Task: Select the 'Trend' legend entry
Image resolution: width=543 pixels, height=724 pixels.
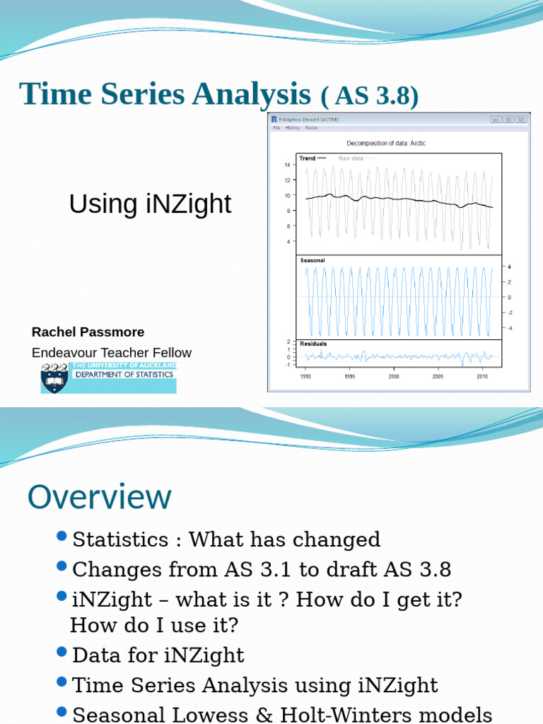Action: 308,158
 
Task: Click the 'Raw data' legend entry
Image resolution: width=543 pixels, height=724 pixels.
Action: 351,158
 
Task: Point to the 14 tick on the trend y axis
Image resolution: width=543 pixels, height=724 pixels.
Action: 288,165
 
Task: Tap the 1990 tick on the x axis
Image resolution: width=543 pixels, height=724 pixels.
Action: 305,377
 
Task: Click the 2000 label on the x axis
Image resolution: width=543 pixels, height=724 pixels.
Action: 394,377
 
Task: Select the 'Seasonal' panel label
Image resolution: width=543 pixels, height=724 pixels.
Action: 313,261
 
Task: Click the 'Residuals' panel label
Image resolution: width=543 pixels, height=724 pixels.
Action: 314,344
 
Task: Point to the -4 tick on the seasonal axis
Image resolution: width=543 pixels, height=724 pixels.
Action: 510,327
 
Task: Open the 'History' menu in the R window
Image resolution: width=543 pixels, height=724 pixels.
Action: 293,128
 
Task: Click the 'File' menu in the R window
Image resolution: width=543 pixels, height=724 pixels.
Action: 277,128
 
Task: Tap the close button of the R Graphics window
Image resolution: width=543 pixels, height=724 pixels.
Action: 521,120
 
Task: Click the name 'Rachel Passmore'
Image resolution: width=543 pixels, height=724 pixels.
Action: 88,332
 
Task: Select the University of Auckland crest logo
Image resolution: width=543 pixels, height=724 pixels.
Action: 55,378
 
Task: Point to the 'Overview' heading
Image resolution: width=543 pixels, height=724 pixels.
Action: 99,497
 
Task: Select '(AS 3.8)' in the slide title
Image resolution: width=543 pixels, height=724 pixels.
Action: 370,95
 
